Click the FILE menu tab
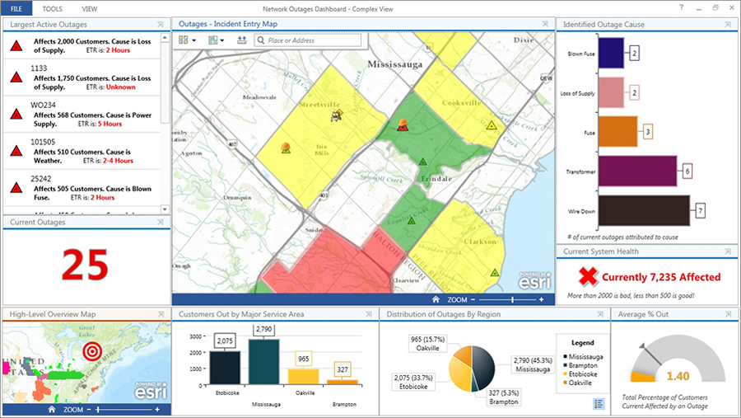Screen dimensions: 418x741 [16, 7]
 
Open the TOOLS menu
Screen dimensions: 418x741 [52, 7]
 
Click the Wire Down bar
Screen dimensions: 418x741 [644, 210]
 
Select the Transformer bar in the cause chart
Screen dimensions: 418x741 [639, 171]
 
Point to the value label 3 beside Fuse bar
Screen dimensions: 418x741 [648, 132]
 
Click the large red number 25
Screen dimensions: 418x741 [85, 265]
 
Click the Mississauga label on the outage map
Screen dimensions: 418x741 [394, 63]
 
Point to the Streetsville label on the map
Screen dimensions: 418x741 [319, 106]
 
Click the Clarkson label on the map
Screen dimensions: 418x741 [479, 242]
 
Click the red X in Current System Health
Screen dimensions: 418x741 [586, 277]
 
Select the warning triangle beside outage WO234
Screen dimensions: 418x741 [15, 115]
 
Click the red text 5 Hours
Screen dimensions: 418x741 [110, 124]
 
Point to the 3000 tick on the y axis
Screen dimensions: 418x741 [195, 336]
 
